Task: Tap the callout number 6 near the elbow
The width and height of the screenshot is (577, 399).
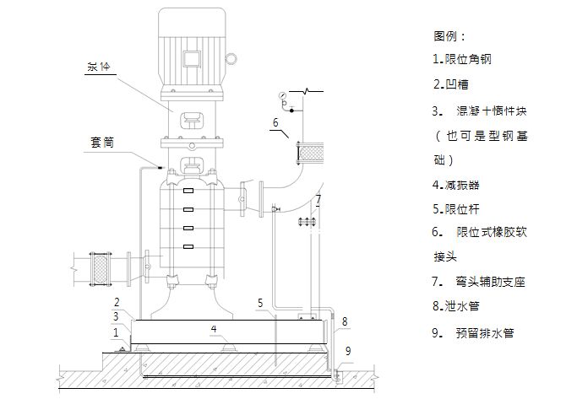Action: coord(275,123)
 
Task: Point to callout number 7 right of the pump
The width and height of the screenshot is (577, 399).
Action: coord(318,200)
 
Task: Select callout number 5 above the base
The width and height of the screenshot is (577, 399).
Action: coord(261,302)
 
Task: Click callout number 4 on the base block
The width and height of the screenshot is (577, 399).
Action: coord(215,327)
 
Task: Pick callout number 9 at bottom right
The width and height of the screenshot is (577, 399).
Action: coord(349,350)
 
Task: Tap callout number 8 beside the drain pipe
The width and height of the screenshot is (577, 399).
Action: coord(344,321)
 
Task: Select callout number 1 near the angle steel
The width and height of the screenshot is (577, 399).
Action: coord(116,332)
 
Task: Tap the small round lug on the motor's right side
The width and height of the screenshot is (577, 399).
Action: coord(230,60)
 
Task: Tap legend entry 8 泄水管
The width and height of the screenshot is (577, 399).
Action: coord(456,306)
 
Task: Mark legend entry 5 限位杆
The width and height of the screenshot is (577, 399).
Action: coord(456,208)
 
